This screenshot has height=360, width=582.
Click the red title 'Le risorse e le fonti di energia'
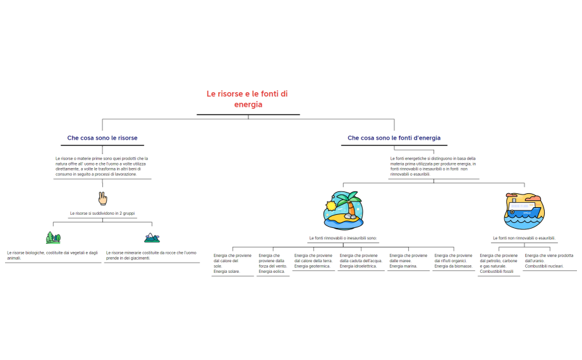tap(248, 99)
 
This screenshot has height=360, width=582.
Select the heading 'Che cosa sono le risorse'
tap(102, 138)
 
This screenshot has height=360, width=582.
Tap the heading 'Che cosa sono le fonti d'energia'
tap(394, 138)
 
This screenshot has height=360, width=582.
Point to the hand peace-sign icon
tap(102, 199)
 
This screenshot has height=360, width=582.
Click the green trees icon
tap(53, 237)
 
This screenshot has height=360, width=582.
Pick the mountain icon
tap(152, 237)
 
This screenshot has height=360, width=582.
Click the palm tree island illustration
tap(343, 210)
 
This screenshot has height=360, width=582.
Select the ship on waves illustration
tap(524, 211)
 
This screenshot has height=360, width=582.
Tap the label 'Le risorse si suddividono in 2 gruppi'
tap(102, 213)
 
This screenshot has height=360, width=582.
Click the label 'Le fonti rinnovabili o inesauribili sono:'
tap(343, 238)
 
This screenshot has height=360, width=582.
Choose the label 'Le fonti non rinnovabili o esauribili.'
tap(524, 238)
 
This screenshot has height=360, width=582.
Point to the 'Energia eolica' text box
tap(272, 263)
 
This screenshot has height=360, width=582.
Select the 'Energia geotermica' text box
tap(313, 261)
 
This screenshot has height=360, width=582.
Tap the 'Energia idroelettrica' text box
tap(361, 261)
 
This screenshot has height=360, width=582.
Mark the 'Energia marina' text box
tap(408, 261)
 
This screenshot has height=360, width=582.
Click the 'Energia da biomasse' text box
tap(454, 261)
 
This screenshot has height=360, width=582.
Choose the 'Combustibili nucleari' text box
tap(549, 261)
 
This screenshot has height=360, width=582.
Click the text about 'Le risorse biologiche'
tap(53, 255)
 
